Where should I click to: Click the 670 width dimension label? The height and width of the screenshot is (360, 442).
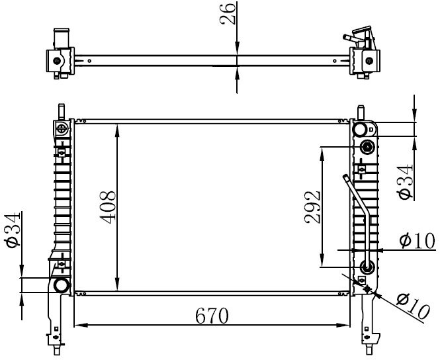click(x=212, y=316)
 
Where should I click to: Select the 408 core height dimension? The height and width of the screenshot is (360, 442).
click(x=107, y=207)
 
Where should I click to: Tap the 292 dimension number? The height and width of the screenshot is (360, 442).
click(x=312, y=207)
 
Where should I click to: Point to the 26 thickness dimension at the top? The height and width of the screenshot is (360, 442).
click(x=227, y=13)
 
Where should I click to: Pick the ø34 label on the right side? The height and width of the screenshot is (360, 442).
click(x=405, y=183)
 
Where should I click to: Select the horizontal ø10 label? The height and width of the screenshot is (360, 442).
click(x=418, y=241)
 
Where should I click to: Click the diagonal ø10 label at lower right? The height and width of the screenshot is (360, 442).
click(x=414, y=306)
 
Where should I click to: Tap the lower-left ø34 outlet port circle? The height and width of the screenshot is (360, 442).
click(x=61, y=285)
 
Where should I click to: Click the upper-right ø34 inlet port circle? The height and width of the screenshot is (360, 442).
click(x=361, y=130)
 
